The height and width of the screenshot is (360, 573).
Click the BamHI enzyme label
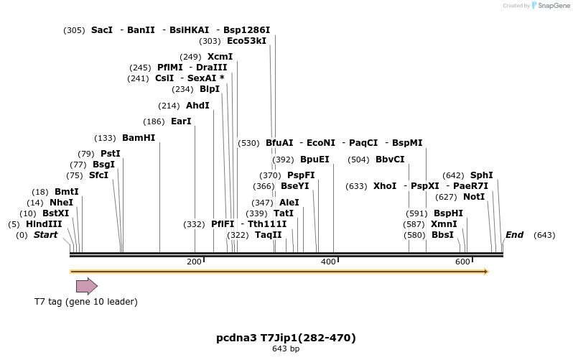click(x=139, y=138)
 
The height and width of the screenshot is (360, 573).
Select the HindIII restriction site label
click(x=44, y=224)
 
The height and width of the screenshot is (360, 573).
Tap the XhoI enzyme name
click(x=385, y=186)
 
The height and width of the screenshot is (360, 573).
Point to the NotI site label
click(x=474, y=197)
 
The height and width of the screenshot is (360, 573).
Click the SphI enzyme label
click(x=481, y=175)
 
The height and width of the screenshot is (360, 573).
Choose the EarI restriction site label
click(x=181, y=121)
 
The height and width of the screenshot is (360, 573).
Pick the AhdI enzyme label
click(x=197, y=106)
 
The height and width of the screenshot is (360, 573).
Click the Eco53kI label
click(x=246, y=41)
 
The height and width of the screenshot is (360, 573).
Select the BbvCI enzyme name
click(x=390, y=160)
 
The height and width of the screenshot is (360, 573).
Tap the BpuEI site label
click(x=315, y=160)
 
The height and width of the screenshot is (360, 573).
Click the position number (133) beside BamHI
click(x=105, y=138)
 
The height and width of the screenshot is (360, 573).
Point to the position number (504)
click(x=358, y=160)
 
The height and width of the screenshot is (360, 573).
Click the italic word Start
click(x=45, y=235)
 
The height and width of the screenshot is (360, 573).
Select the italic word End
click(x=514, y=235)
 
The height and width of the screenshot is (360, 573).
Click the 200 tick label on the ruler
click(x=194, y=262)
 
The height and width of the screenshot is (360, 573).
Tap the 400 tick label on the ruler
click(x=328, y=262)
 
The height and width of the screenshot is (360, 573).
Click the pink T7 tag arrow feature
click(x=86, y=286)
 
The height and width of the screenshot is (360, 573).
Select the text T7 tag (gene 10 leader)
click(x=85, y=302)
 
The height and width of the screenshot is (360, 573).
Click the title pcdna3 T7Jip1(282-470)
click(x=286, y=338)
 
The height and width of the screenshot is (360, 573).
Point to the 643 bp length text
click(x=286, y=349)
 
